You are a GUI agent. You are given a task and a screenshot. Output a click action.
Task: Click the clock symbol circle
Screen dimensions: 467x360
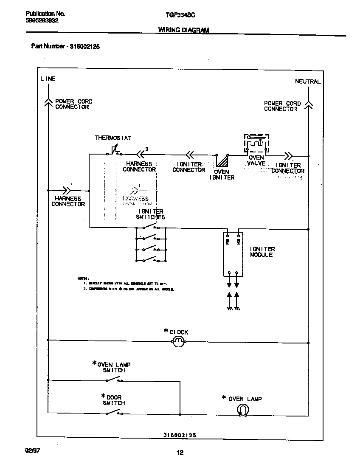tap(179, 340)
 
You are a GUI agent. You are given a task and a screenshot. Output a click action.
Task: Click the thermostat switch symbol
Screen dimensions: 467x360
tap(114, 151)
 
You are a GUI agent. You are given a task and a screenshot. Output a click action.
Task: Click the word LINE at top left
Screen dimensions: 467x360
tap(48, 79)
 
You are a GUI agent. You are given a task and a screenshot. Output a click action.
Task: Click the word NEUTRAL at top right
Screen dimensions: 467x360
tap(308, 81)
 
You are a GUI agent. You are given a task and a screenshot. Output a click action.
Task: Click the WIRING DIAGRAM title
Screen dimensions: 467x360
tap(183, 30)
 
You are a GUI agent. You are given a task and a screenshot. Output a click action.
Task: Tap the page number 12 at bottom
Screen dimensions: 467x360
tap(180, 453)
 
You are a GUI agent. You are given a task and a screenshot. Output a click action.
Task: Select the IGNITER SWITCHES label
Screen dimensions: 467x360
tap(150, 214)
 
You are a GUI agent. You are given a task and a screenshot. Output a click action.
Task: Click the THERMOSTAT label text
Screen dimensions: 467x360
tap(113, 138)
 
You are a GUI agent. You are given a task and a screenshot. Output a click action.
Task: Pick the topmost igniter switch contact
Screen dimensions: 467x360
tap(151, 228)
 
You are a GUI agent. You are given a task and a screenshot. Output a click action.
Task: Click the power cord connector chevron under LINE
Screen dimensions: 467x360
tap(48, 101)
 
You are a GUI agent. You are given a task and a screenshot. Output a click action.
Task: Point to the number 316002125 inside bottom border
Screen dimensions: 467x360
tap(180, 435)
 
